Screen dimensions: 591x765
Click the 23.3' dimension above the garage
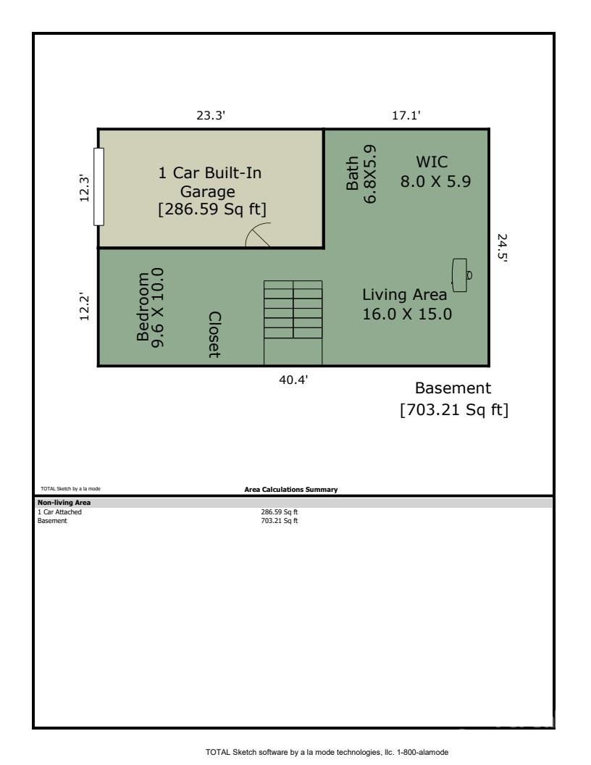(211, 115)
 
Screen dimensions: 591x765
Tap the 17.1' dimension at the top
(406, 115)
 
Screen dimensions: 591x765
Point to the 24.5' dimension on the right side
(502, 248)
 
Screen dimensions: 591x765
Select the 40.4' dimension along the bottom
(293, 380)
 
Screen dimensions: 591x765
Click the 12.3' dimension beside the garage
(84, 188)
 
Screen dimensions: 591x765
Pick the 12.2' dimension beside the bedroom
(84, 307)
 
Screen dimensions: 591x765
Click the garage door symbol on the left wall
(98, 187)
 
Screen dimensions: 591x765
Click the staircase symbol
(293, 322)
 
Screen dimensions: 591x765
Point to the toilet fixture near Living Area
(461, 275)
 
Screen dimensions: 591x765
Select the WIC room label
(432, 162)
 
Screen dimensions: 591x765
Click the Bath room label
(352, 173)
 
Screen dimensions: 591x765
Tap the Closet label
(214, 335)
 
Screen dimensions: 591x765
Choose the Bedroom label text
(143, 307)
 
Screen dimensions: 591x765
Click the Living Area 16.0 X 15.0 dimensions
(407, 314)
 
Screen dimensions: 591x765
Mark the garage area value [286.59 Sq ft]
(212, 209)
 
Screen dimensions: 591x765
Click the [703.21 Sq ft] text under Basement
(454, 409)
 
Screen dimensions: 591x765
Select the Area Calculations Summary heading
(291, 489)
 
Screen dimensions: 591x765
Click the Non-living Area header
(64, 503)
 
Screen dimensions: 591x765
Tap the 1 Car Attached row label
(59, 511)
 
